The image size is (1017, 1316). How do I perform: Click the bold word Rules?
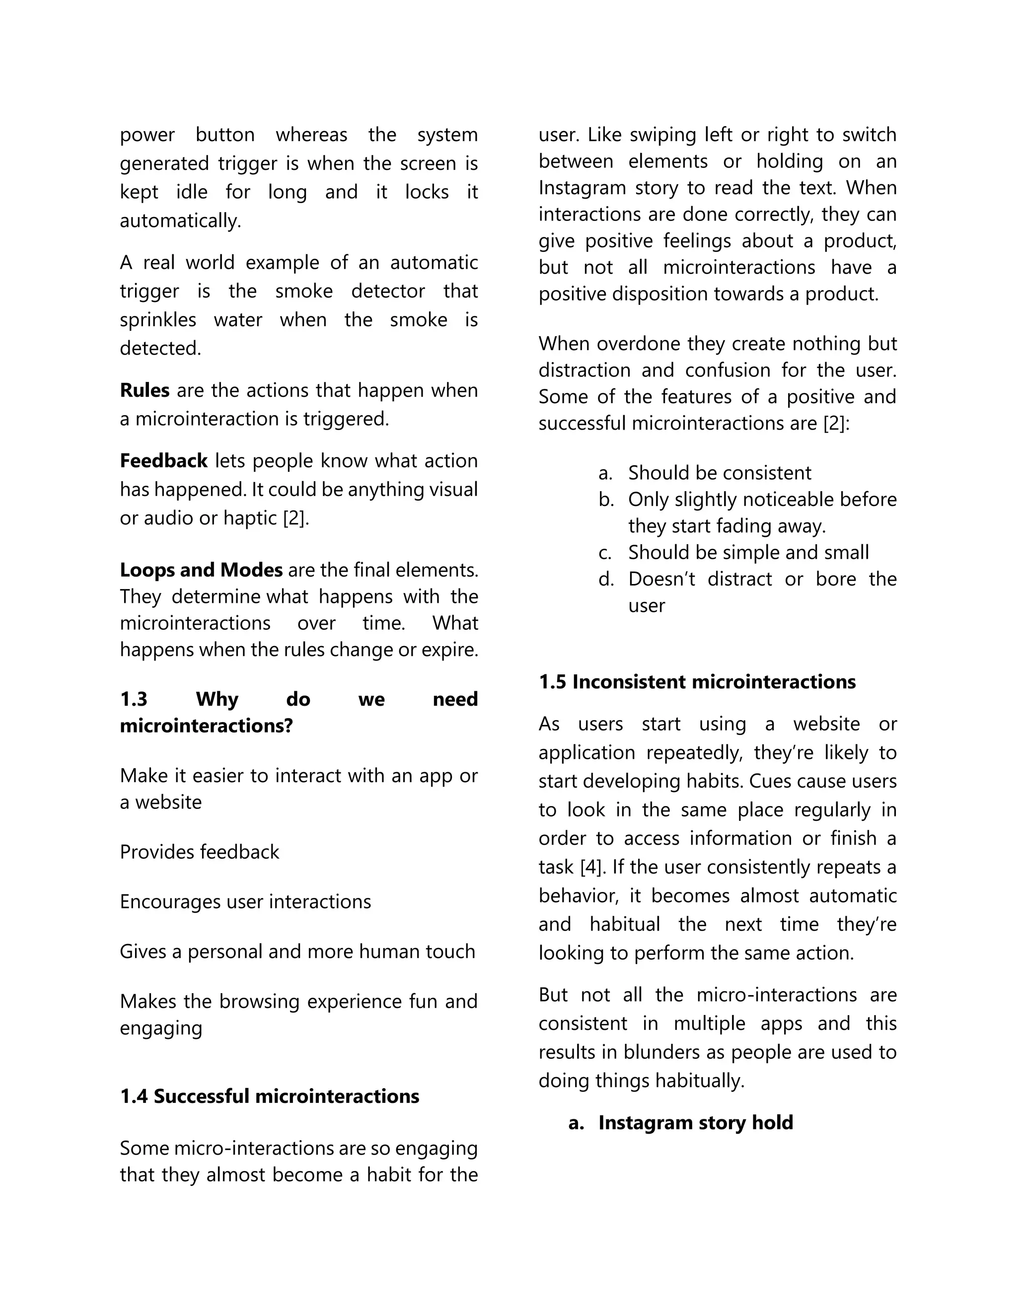pos(145,390)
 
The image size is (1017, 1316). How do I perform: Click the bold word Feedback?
pos(163,461)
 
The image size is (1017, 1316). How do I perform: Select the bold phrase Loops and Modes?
pos(201,570)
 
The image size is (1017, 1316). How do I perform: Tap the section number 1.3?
pos(133,699)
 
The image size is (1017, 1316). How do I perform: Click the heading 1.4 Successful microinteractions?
pos(269,1096)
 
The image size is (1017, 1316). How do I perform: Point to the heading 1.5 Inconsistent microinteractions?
pos(697,682)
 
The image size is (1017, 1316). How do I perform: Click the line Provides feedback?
pos(200,852)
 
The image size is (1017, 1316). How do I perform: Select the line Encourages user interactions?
pos(245,902)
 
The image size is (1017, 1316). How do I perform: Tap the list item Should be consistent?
pos(720,473)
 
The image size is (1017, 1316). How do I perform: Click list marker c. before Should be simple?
pos(605,553)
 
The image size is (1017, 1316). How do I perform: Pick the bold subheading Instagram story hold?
pos(695,1123)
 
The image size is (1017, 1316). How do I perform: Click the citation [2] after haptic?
pos(295,518)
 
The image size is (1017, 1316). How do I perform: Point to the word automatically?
pos(180,221)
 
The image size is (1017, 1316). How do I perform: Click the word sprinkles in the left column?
pos(158,319)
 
